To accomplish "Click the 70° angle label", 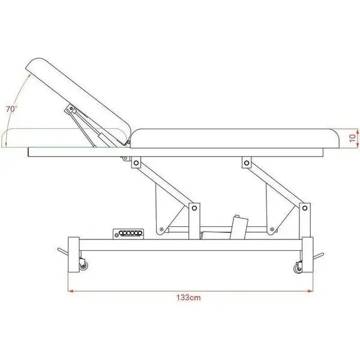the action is click(11, 109).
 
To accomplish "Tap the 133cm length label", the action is click(188, 298).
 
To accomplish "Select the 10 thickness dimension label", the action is click(352, 138).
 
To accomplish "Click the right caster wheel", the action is click(298, 268).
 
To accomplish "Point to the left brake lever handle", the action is click(62, 251).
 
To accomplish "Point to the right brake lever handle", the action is click(318, 256).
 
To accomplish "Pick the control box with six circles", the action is click(128, 234).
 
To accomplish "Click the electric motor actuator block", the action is click(239, 227).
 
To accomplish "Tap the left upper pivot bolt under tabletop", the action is click(136, 163).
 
